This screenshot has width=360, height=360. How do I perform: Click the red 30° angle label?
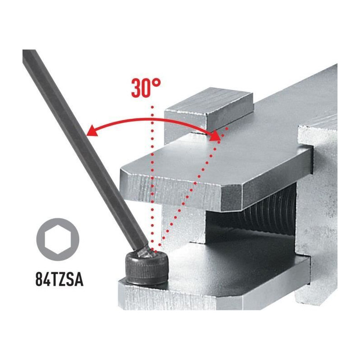pos(146,88)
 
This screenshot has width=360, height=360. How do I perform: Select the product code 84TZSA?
pos(59,279)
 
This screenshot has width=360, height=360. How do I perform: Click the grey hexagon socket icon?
pos(58,239)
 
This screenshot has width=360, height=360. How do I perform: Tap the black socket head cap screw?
pos(147,267)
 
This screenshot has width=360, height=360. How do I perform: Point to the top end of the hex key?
pos(29,53)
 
